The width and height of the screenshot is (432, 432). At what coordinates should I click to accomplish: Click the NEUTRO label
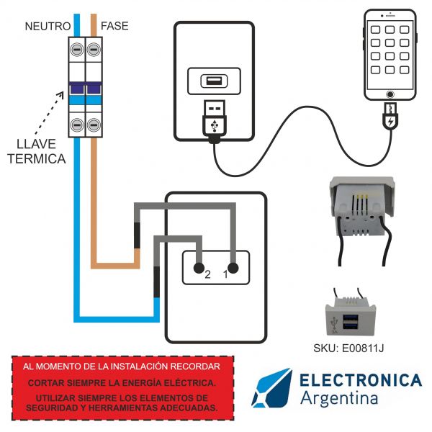(x=47, y=26)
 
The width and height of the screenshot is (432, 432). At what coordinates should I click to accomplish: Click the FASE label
(x=114, y=26)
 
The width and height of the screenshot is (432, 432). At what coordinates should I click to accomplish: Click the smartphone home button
(x=390, y=94)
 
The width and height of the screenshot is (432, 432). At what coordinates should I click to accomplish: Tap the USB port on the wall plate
(x=215, y=81)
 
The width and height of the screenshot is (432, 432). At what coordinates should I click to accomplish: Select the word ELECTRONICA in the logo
(x=360, y=379)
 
